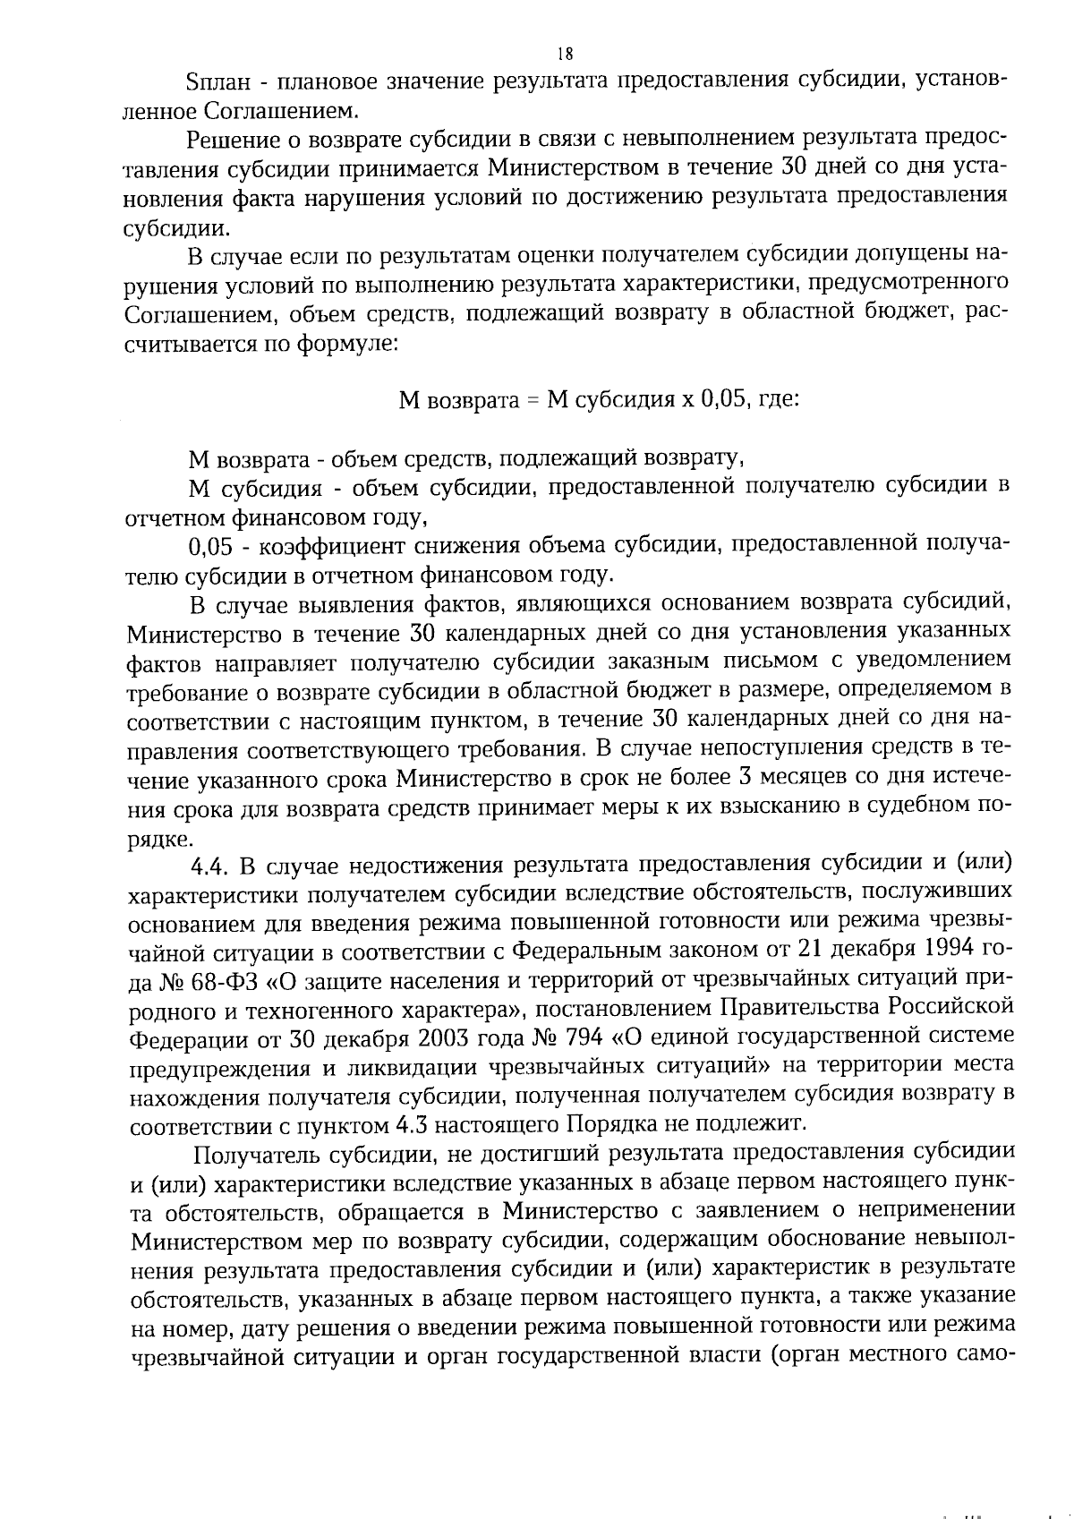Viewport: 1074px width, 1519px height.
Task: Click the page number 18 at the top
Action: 538,53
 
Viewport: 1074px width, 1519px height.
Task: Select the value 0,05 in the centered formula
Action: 716,399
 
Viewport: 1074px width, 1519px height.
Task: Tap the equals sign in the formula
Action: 532,400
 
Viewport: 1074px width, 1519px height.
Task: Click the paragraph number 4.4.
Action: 212,866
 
